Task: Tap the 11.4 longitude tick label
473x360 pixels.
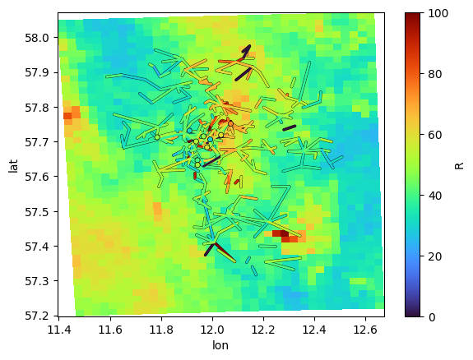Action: click(x=59, y=330)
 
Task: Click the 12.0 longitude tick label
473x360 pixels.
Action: click(x=212, y=330)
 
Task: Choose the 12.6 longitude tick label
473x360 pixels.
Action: click(x=365, y=330)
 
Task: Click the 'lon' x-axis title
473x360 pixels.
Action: click(x=220, y=345)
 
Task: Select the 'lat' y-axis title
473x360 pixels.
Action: click(x=13, y=166)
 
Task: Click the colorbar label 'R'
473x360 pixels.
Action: click(x=459, y=165)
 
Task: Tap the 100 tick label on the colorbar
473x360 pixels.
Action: click(x=438, y=14)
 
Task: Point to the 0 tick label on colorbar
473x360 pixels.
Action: click(x=432, y=317)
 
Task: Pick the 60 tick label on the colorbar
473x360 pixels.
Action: click(x=434, y=135)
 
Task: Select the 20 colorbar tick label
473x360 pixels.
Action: click(x=434, y=256)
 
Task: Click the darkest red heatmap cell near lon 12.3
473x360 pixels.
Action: click(x=285, y=233)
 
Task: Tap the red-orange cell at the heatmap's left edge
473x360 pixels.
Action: click(x=67, y=116)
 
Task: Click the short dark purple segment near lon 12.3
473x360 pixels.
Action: click(x=290, y=128)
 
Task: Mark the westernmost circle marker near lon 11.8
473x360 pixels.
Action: click(x=157, y=137)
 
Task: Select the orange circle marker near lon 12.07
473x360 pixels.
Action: click(x=231, y=123)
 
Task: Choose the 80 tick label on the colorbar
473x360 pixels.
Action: click(x=434, y=74)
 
